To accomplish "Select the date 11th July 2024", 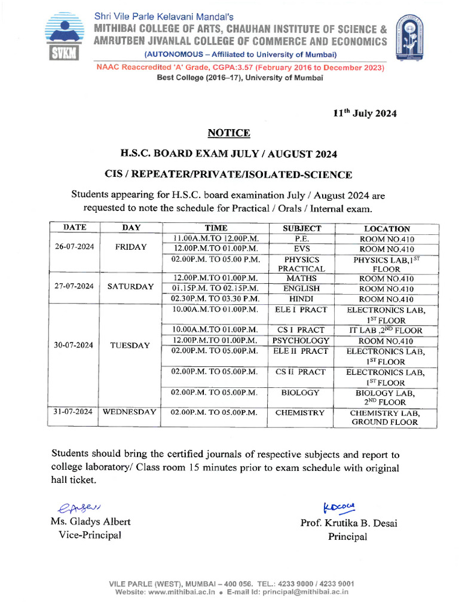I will click(365, 113).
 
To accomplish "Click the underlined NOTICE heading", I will click(229, 133).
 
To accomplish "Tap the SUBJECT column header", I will click(302, 228).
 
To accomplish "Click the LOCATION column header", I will click(387, 228).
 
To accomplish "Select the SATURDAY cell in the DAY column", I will click(130, 286).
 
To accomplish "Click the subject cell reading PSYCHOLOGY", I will click(302, 341).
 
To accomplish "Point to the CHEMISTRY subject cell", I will click(300, 412).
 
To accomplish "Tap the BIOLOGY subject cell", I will click(300, 393).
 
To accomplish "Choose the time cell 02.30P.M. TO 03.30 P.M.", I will click(215, 299).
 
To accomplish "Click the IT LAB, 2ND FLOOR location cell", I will click(386, 330).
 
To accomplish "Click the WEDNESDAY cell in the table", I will click(130, 412).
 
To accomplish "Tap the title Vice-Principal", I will click(90, 535).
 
